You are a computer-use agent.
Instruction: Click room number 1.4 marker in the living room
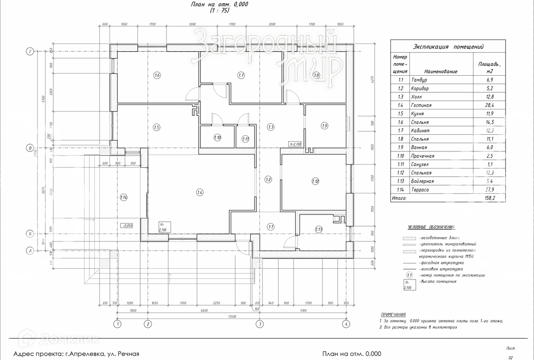(x=200, y=192)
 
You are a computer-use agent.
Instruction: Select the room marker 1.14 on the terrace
(x=123, y=197)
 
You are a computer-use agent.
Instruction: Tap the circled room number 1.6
(x=157, y=75)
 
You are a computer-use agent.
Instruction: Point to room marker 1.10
(x=217, y=138)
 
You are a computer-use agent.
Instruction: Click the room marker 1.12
(x=315, y=182)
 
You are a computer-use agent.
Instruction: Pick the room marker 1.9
(x=325, y=126)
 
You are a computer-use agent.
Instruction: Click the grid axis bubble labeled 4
(x=346, y=324)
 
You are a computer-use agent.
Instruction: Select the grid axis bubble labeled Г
(x=30, y=51)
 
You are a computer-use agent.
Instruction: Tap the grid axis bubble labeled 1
(x=117, y=324)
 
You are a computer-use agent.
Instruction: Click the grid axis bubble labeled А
(x=30, y=251)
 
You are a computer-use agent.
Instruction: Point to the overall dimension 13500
(x=229, y=317)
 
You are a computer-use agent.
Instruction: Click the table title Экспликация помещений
(x=448, y=47)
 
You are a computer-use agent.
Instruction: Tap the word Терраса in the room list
(x=420, y=190)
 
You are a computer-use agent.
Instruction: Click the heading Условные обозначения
(x=431, y=227)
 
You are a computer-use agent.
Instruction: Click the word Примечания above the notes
(x=393, y=315)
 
